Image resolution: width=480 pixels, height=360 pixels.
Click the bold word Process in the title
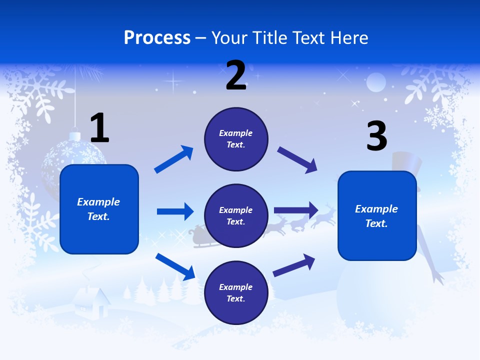point(157,37)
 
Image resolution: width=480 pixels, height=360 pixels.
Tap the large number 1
point(99,128)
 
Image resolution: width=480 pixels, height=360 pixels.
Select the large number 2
point(236,75)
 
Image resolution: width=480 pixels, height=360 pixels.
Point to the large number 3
point(377,136)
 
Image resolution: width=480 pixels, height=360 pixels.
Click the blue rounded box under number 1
point(99,209)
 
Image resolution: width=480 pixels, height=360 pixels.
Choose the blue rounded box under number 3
point(377,215)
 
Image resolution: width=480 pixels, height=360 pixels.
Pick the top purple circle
point(236,139)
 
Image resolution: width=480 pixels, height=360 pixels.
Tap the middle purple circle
point(236,215)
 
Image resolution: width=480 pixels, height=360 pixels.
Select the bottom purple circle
point(236,292)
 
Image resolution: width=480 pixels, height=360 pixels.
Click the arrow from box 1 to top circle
point(173,160)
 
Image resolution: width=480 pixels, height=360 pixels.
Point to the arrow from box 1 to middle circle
point(175,211)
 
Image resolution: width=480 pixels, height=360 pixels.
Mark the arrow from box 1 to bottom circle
point(175,266)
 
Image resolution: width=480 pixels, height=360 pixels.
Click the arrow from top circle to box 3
point(297,160)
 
